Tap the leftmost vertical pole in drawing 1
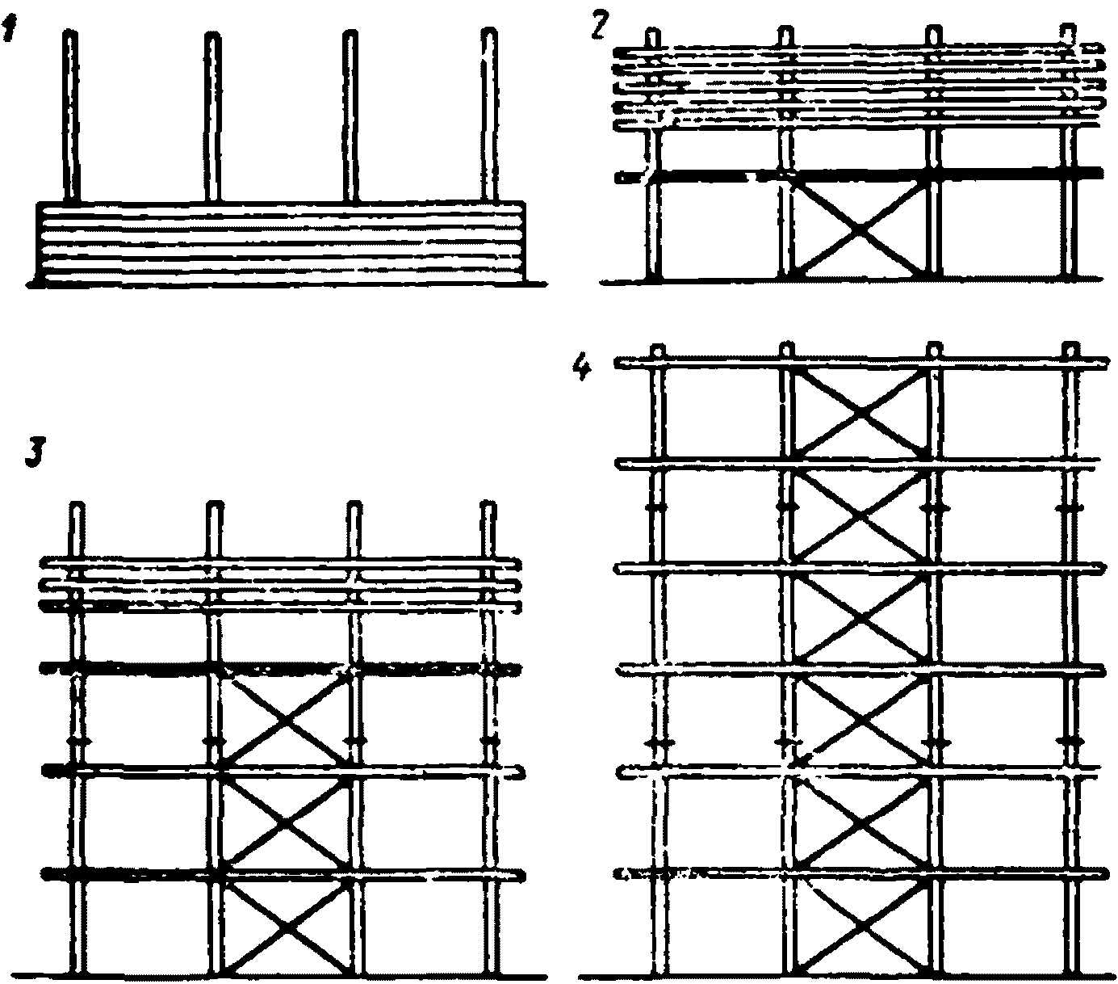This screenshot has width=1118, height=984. (x=71, y=117)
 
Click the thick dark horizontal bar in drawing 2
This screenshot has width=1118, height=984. (x=860, y=174)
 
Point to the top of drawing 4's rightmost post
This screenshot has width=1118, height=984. (x=1070, y=351)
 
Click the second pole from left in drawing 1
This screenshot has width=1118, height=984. (x=211, y=117)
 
